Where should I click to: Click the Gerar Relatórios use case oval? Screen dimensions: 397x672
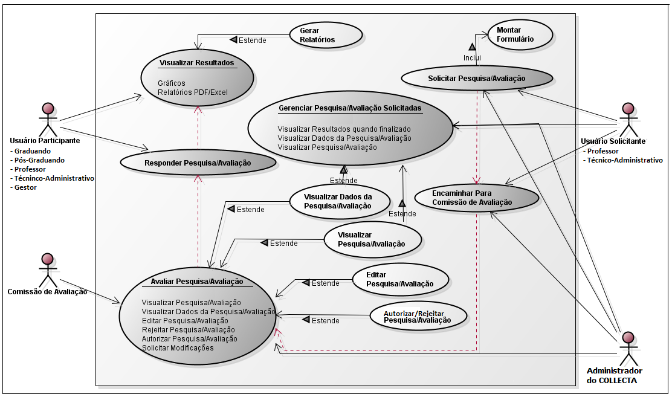click(x=325, y=35)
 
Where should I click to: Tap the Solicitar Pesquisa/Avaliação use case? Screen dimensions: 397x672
click(x=477, y=78)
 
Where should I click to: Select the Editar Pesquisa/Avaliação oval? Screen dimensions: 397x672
click(x=400, y=279)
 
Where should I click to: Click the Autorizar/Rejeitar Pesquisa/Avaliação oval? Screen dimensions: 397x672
click(x=418, y=315)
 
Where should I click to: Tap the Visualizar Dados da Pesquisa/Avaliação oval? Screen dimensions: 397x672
click(x=338, y=201)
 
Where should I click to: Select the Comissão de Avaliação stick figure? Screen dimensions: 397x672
click(x=47, y=270)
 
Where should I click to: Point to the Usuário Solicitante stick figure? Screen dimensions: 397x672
click(x=628, y=119)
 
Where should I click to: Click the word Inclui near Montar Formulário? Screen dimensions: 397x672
click(x=472, y=57)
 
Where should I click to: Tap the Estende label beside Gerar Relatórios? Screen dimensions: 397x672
click(x=252, y=40)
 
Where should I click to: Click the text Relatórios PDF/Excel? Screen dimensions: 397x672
click(x=192, y=92)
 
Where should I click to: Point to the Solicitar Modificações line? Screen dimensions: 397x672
click(x=178, y=348)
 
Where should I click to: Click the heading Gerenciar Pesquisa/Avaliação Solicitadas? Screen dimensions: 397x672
click(x=350, y=108)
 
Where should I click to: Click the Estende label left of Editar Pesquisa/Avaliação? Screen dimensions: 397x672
click(x=325, y=283)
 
